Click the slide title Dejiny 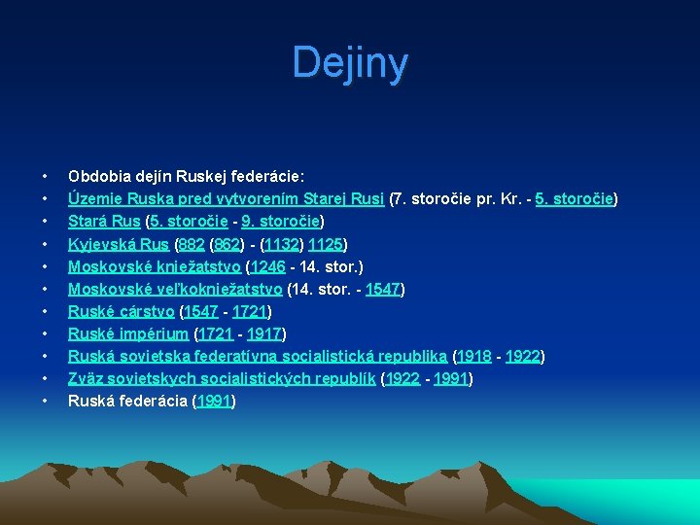pyautogui.click(x=350, y=63)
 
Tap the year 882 pyautogui.click(x=191, y=243)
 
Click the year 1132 pyautogui.click(x=281, y=243)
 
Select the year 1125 pyautogui.click(x=327, y=243)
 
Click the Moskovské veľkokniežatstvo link pyautogui.click(x=175, y=289)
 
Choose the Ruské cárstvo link pyautogui.click(x=122, y=311)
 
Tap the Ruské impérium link pyautogui.click(x=127, y=333)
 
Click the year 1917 pyautogui.click(x=263, y=333)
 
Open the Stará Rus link pyautogui.click(x=104, y=221)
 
